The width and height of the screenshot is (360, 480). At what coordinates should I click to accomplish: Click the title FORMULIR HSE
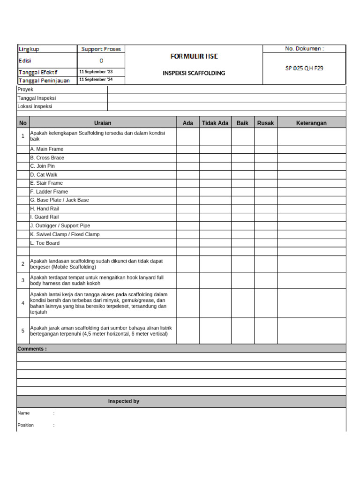pos(194,56)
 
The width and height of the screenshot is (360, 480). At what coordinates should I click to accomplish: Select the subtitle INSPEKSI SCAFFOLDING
pos(194,73)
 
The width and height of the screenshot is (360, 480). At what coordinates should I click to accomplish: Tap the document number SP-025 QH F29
pos(304,68)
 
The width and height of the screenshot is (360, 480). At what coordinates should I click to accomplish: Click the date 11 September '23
pos(96,72)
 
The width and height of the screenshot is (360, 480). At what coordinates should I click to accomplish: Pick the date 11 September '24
pos(96,80)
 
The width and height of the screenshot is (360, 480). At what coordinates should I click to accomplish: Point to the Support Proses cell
pos(101,49)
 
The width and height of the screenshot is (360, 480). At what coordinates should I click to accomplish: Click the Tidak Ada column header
pos(215,123)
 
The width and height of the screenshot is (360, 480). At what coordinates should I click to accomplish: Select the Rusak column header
pos(265,123)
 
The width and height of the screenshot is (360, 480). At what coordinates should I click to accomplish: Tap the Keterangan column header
pos(311,123)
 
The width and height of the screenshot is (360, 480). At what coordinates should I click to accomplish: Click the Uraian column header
pos(103,123)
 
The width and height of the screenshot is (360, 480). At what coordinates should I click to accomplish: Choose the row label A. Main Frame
pos(47,149)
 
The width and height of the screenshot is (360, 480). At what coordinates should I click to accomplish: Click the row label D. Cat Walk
pos(44,174)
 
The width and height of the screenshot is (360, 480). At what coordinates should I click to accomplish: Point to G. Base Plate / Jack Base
pos(60,200)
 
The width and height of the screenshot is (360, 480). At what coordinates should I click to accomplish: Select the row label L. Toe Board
pos(45,243)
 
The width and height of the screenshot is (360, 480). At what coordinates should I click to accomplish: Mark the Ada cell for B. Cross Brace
pos(187,157)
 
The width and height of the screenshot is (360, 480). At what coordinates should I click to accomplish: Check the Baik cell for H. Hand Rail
pos(242,209)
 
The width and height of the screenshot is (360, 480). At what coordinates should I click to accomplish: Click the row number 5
pos(23,330)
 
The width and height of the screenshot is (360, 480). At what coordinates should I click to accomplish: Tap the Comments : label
pos(32,349)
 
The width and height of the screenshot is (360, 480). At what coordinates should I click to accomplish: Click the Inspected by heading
pos(124,401)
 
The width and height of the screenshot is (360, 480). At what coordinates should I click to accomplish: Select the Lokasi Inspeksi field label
pos(35,106)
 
